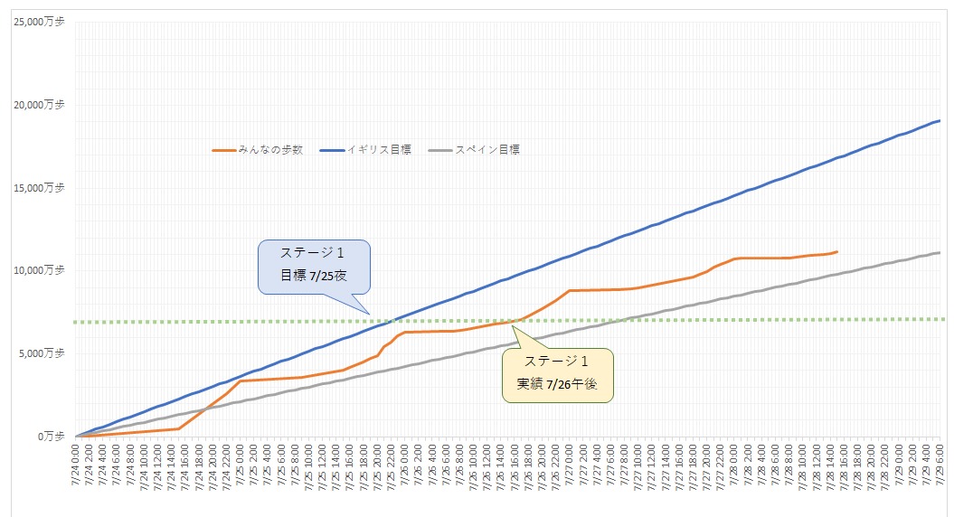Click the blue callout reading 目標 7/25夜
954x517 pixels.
point(315,267)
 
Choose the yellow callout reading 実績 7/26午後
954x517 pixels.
point(557,375)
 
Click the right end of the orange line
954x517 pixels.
point(837,251)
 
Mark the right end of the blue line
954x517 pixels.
point(940,120)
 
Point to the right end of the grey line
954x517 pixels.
point(940,252)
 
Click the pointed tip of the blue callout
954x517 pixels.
point(370,314)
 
